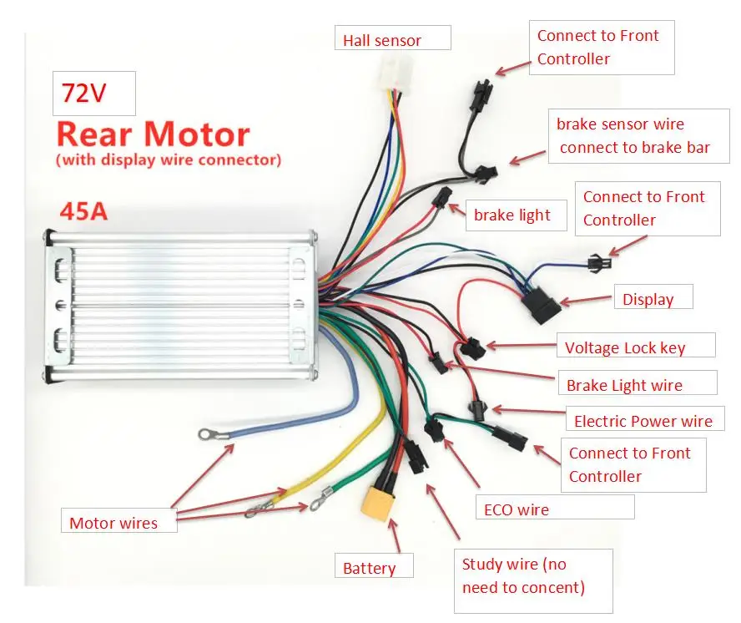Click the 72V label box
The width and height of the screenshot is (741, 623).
(x=93, y=94)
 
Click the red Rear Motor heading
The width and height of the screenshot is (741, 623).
(x=153, y=134)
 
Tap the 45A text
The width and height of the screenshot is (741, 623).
(x=83, y=211)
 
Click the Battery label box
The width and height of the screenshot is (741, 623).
(x=370, y=568)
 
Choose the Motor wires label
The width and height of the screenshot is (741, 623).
(x=113, y=523)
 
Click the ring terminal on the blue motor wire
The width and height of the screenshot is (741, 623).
(x=204, y=434)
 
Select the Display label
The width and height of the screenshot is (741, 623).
(x=648, y=299)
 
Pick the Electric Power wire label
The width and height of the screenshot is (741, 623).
(x=643, y=421)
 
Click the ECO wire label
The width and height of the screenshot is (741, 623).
(x=516, y=509)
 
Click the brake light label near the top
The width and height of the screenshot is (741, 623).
(x=512, y=215)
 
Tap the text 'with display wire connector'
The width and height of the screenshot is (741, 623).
(x=168, y=159)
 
